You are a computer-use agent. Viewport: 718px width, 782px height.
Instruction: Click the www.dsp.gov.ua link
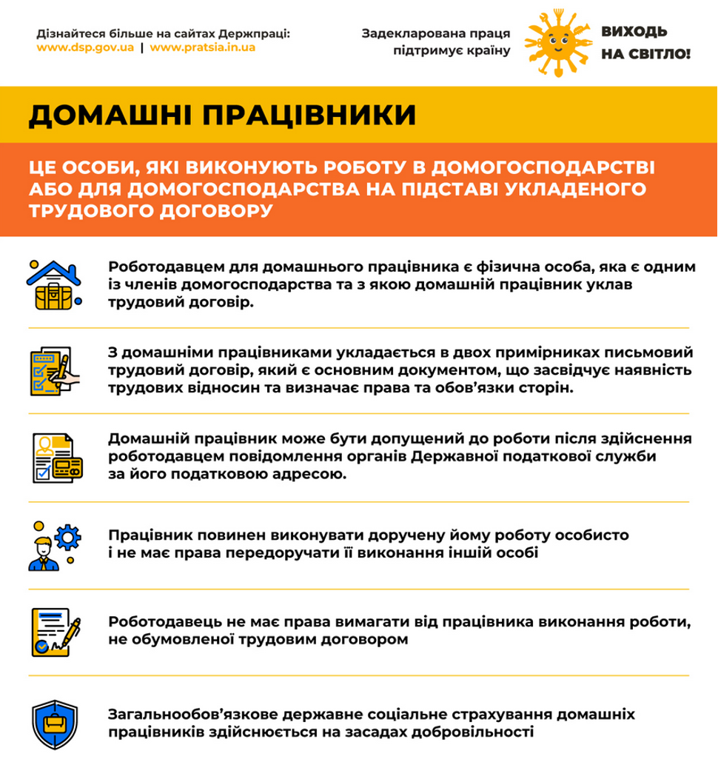pyautogui.click(x=85, y=47)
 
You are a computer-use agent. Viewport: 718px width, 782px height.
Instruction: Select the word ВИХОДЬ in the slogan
pyautogui.click(x=634, y=32)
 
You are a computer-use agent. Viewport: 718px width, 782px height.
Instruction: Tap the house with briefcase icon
pyautogui.click(x=54, y=283)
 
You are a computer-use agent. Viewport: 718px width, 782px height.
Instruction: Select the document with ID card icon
pyautogui.click(x=56, y=456)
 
